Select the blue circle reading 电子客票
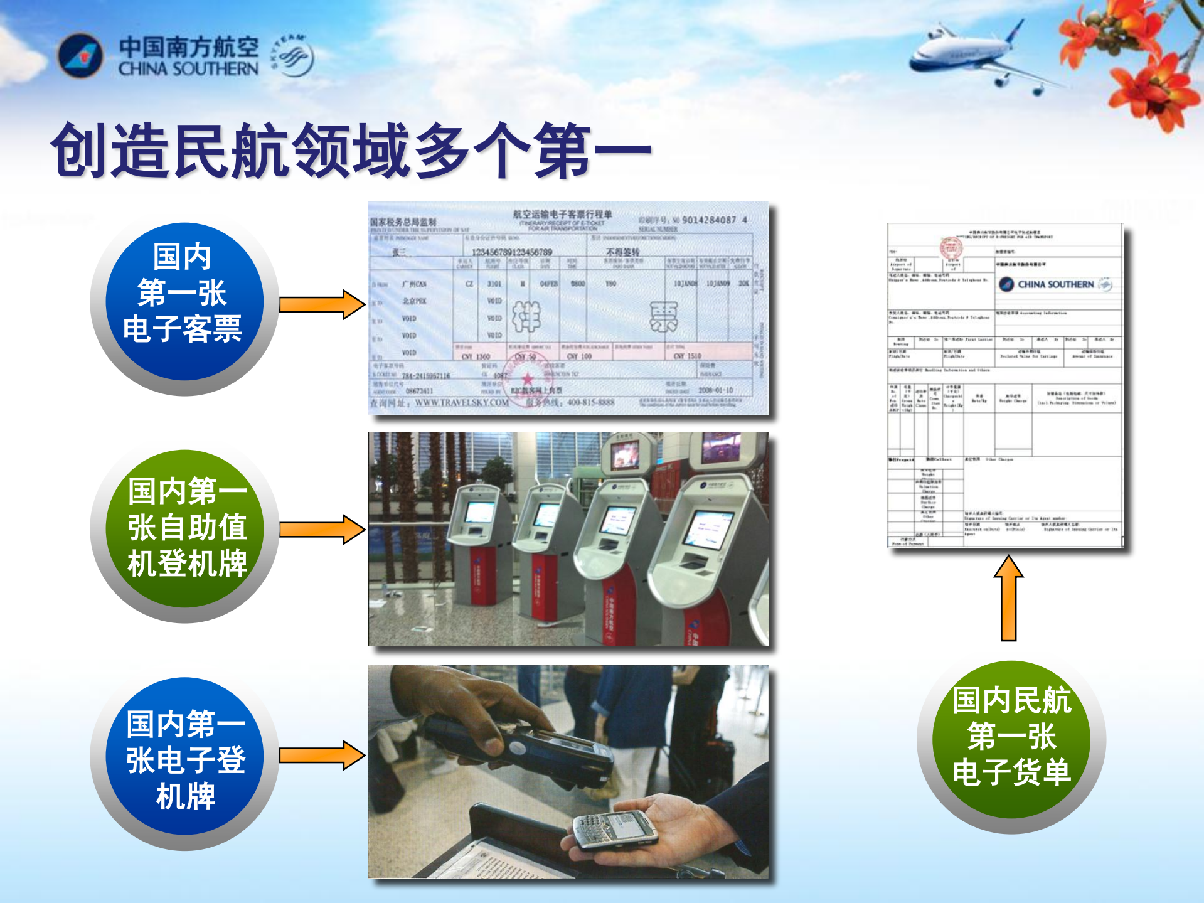coord(183,303)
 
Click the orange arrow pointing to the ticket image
coord(321,305)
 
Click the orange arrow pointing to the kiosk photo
coord(321,529)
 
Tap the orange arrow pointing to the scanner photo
coord(321,755)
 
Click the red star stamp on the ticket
coord(527,379)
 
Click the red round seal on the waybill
coord(951,248)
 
